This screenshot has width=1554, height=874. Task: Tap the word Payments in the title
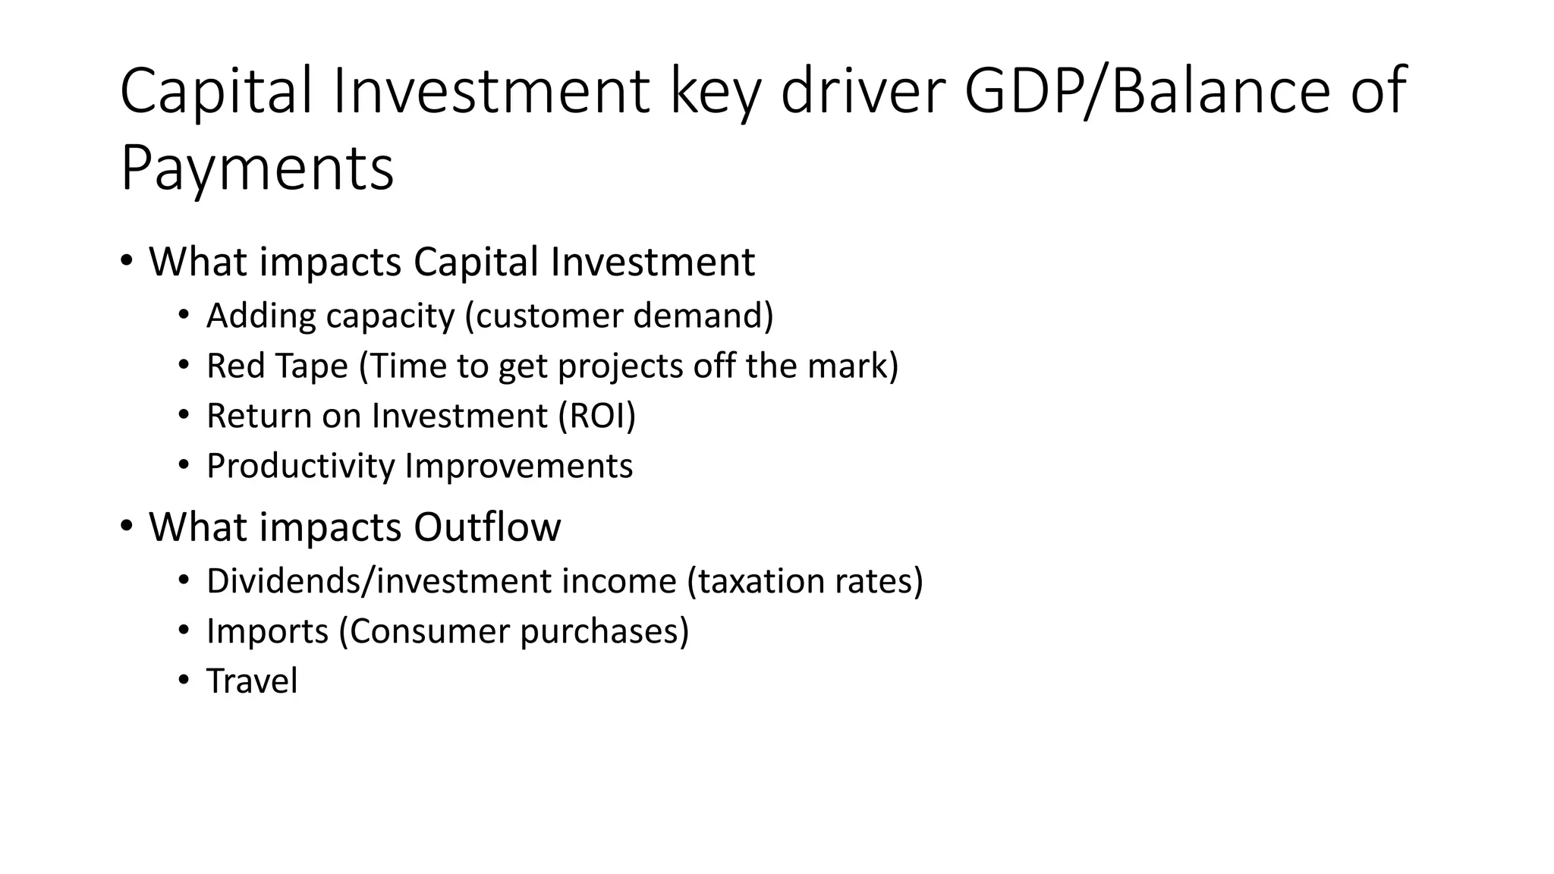coord(257,168)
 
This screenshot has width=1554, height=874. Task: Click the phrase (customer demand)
coord(619,316)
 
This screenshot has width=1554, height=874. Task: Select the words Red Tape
coord(277,366)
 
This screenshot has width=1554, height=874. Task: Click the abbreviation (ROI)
coord(597,416)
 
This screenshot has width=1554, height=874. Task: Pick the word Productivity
coord(300,466)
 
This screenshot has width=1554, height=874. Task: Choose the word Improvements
coord(519,466)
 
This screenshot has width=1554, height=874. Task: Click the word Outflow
coord(487,527)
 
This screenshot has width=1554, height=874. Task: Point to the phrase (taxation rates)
coord(805,581)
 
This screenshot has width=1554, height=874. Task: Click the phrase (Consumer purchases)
coord(514,631)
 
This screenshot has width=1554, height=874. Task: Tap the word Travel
coord(252,681)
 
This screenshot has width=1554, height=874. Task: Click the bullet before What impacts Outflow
coord(127,525)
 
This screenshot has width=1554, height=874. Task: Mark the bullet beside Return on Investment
coord(184,415)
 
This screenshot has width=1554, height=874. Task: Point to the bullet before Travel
coord(184,681)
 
